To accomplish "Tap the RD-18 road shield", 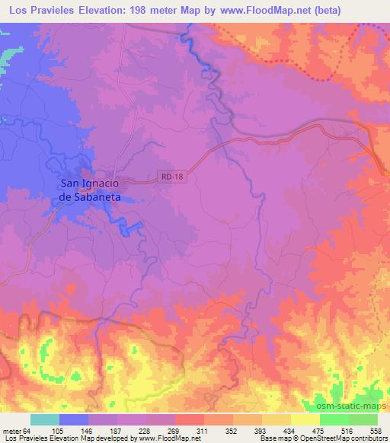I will [x=173, y=177].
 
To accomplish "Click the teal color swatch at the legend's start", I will [x=45, y=419].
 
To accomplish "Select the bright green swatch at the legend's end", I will [x=363, y=419].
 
